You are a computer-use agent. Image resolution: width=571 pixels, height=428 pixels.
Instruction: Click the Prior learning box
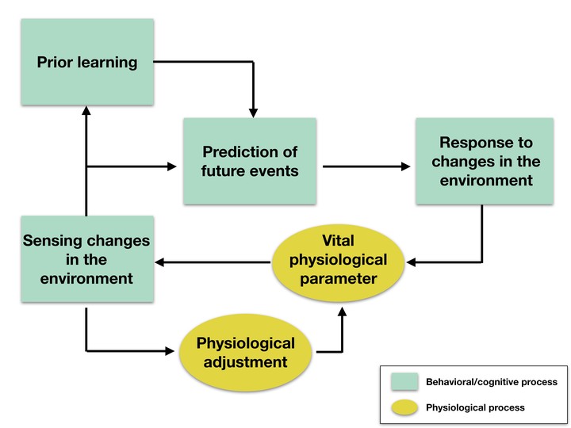87,63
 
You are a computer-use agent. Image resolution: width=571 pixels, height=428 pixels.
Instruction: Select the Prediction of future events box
250,161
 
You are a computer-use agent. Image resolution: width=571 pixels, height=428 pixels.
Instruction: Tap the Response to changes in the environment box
485,161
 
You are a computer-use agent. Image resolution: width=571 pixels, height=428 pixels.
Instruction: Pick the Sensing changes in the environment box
87,259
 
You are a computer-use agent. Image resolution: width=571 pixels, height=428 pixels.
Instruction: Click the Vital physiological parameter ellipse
338,263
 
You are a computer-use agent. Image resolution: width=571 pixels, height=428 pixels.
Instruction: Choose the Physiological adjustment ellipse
245,353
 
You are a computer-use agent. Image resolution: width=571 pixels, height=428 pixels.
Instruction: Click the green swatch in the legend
404,381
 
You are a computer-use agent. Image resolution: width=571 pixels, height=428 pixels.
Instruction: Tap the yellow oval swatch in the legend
404,407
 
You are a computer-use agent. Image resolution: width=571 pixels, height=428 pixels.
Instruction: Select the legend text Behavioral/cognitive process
492,382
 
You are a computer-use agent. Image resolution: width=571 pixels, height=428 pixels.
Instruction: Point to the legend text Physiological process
475,407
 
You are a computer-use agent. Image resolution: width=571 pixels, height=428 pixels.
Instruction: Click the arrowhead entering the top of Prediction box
253,113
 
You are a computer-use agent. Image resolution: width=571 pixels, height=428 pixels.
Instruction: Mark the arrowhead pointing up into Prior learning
86,110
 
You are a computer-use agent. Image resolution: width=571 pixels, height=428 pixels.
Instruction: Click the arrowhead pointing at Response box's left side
406,166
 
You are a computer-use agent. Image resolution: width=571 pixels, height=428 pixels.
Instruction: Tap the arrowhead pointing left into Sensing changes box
159,262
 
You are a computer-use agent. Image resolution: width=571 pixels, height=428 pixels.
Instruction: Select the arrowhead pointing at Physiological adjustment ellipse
170,351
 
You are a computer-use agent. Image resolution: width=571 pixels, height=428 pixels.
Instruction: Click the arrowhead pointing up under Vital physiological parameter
342,311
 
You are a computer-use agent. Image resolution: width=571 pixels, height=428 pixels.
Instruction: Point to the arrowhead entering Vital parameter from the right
411,262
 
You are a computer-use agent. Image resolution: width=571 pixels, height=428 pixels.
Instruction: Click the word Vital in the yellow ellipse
338,241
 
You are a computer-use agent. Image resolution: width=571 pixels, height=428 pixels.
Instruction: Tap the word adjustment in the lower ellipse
245,362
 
